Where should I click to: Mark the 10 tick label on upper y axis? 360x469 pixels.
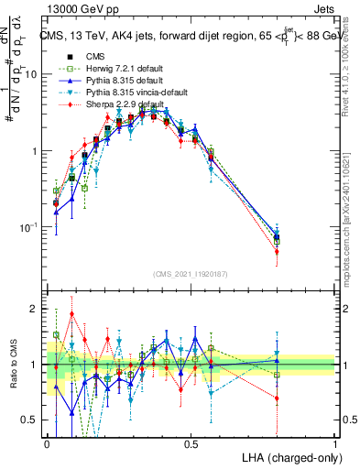[x=30, y=74]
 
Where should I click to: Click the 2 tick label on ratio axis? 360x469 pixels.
[x=35, y=309]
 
